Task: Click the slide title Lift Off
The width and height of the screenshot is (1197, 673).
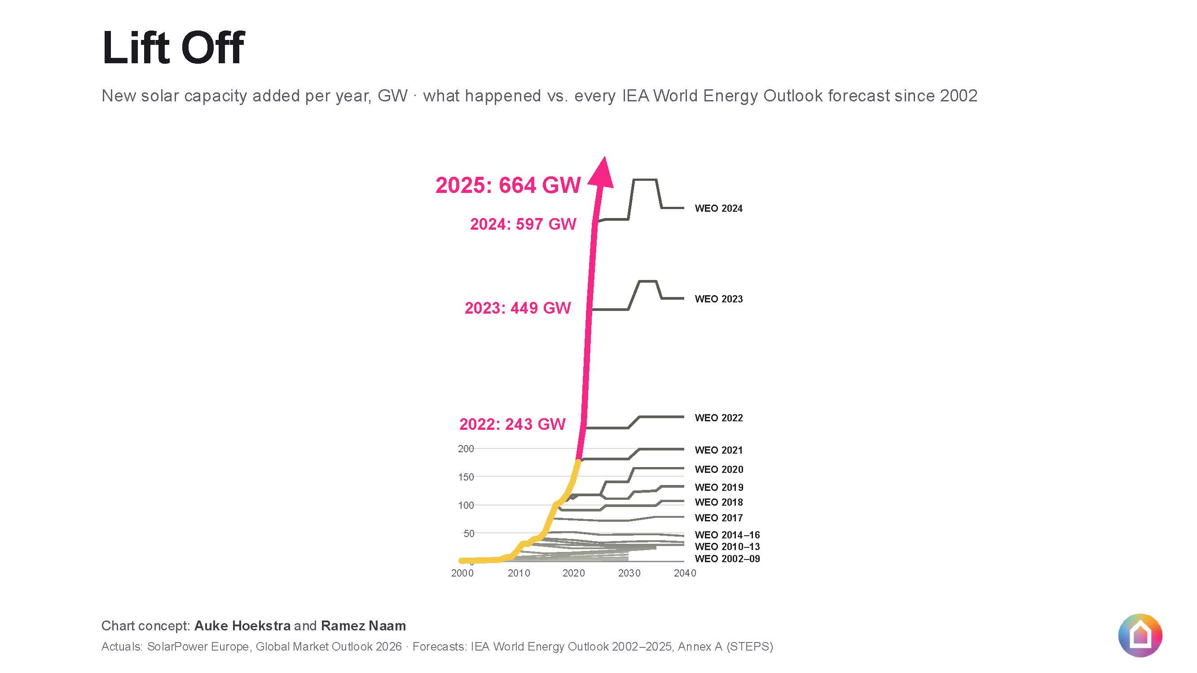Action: point(173,48)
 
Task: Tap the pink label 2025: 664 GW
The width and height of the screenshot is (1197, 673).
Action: point(508,185)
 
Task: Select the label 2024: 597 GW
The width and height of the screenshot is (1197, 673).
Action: point(523,224)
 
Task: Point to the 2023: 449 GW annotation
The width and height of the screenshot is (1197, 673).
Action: point(518,308)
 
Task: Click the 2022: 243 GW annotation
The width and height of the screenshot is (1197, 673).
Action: point(512,424)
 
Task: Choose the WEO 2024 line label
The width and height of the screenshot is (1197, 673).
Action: point(718,209)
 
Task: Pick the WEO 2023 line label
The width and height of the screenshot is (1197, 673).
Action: point(718,299)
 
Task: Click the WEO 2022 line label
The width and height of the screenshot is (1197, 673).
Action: point(718,418)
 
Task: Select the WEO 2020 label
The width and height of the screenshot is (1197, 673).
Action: point(719,470)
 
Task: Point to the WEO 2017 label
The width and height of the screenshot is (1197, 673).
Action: point(718,518)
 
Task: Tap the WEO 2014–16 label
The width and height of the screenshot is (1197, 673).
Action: point(727,535)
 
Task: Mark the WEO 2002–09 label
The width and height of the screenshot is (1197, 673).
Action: point(727,559)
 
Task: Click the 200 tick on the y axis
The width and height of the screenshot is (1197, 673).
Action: point(466,449)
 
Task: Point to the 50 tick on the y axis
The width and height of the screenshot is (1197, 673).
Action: point(469,533)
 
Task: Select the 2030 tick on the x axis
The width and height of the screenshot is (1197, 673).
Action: point(629,573)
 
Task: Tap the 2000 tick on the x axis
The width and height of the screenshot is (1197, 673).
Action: point(462,573)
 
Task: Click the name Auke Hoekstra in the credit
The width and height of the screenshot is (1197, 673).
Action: point(242,626)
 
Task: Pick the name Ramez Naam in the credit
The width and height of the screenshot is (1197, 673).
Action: point(363,626)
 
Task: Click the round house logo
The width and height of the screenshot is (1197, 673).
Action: point(1140,636)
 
